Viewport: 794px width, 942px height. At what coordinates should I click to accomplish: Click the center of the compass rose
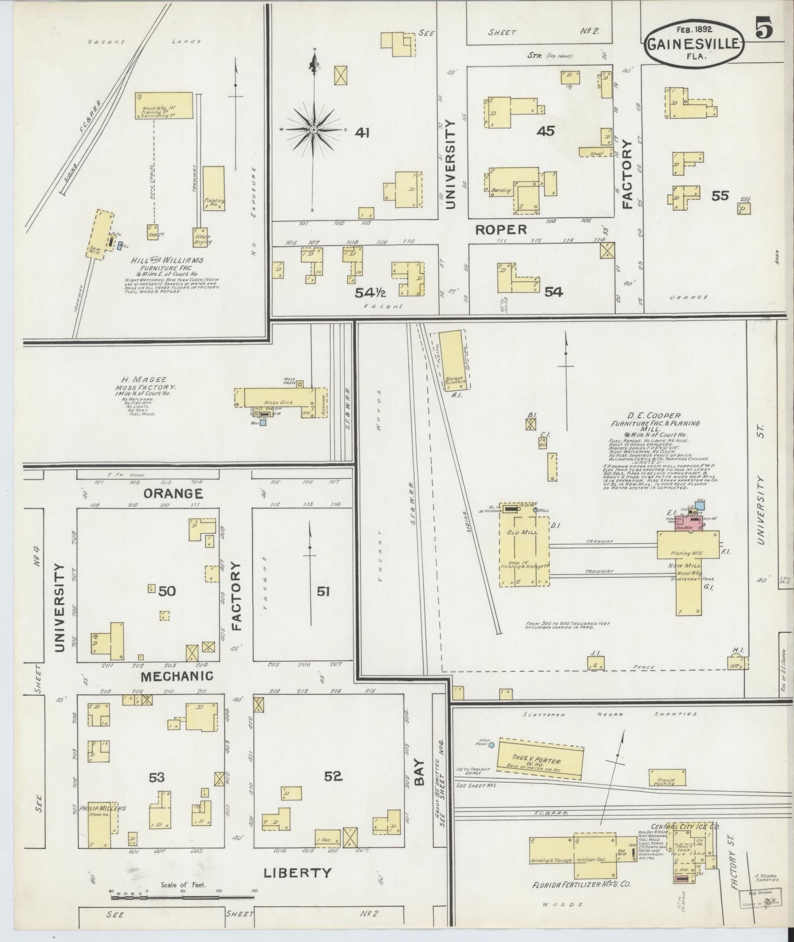[x=313, y=130]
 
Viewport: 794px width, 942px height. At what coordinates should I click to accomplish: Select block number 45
[x=545, y=131]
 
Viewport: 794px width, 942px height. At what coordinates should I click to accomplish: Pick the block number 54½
[x=370, y=292]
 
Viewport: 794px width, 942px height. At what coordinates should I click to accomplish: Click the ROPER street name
[x=501, y=229]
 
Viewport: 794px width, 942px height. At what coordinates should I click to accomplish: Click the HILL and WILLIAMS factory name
[x=167, y=260]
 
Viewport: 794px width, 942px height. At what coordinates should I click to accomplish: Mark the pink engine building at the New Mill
[x=688, y=522]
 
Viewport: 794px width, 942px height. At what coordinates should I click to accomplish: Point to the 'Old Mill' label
[x=524, y=532]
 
